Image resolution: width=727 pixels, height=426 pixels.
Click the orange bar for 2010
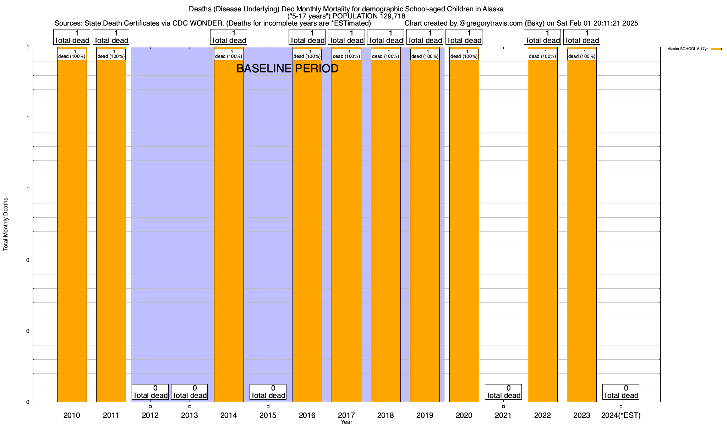[x=72, y=227]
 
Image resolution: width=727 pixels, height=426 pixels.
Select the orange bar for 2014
[x=229, y=227]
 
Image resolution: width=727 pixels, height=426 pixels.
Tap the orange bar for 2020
[x=464, y=227]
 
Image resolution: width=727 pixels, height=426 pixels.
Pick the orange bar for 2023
[x=581, y=227]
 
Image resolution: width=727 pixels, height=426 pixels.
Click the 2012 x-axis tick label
[x=150, y=415]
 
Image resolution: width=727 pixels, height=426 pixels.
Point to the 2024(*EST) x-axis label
[x=621, y=415]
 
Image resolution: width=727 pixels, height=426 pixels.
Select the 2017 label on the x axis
[x=346, y=415]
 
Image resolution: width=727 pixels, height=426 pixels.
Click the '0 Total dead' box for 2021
[x=503, y=392]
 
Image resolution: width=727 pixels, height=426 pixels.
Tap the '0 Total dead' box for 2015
[x=268, y=392]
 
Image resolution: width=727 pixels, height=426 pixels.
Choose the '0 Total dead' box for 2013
[x=189, y=392]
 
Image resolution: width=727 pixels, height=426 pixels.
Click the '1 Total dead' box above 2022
[x=542, y=37]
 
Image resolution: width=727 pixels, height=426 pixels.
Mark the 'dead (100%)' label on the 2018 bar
[x=386, y=54]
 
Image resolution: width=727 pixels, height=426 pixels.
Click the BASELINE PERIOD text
[x=287, y=69]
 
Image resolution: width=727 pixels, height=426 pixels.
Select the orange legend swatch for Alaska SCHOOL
[x=716, y=49]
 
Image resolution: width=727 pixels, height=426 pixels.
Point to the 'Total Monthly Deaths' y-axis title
[x=6, y=224]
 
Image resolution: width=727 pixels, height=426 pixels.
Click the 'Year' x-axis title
[x=346, y=422]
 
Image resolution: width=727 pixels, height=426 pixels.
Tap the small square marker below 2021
[x=503, y=406]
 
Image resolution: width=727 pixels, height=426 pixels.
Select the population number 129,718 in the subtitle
[x=392, y=16]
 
